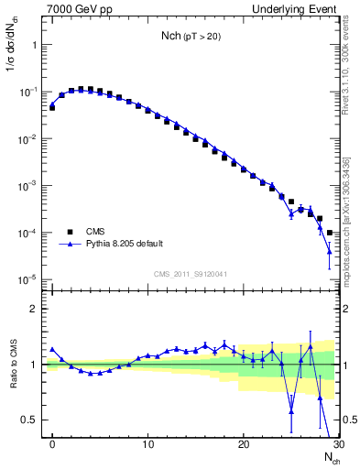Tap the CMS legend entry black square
coord(68,232)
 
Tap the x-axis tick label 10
coord(148,446)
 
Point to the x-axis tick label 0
coord(53,446)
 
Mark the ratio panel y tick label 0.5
coord(31,420)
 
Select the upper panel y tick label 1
coord(35,44)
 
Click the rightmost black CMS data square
coord(329,233)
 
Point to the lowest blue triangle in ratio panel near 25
coord(291,412)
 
